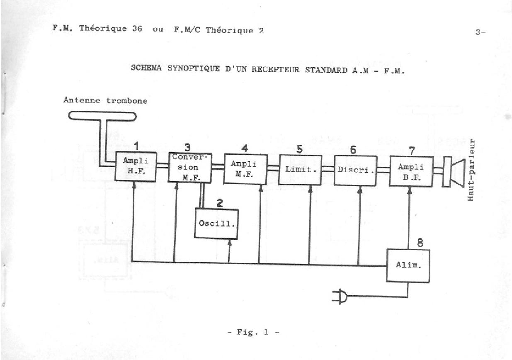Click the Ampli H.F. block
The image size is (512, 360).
tap(136, 166)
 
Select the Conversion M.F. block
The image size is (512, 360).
tap(190, 168)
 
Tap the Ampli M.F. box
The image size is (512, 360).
tap(245, 169)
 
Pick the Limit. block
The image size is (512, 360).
tap(300, 170)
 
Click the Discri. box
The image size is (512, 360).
tap(355, 170)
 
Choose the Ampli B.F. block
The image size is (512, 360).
tap(411, 171)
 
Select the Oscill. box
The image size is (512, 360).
tap(216, 224)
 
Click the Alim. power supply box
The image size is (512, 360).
tap(408, 265)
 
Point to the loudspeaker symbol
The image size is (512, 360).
tap(454, 172)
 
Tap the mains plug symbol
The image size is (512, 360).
tap(340, 297)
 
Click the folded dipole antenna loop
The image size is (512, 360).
tap(102, 116)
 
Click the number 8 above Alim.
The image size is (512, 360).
tap(420, 243)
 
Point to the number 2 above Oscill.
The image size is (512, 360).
tap(220, 203)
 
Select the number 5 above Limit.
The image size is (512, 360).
tap(299, 149)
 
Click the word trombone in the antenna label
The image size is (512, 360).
tap(127, 101)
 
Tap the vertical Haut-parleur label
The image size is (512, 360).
tap(471, 170)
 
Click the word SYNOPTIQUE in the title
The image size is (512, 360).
tap(194, 68)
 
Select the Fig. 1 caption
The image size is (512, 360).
tap(253, 332)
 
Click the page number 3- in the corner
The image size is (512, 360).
tap(480, 32)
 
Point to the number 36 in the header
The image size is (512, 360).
tap(137, 28)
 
